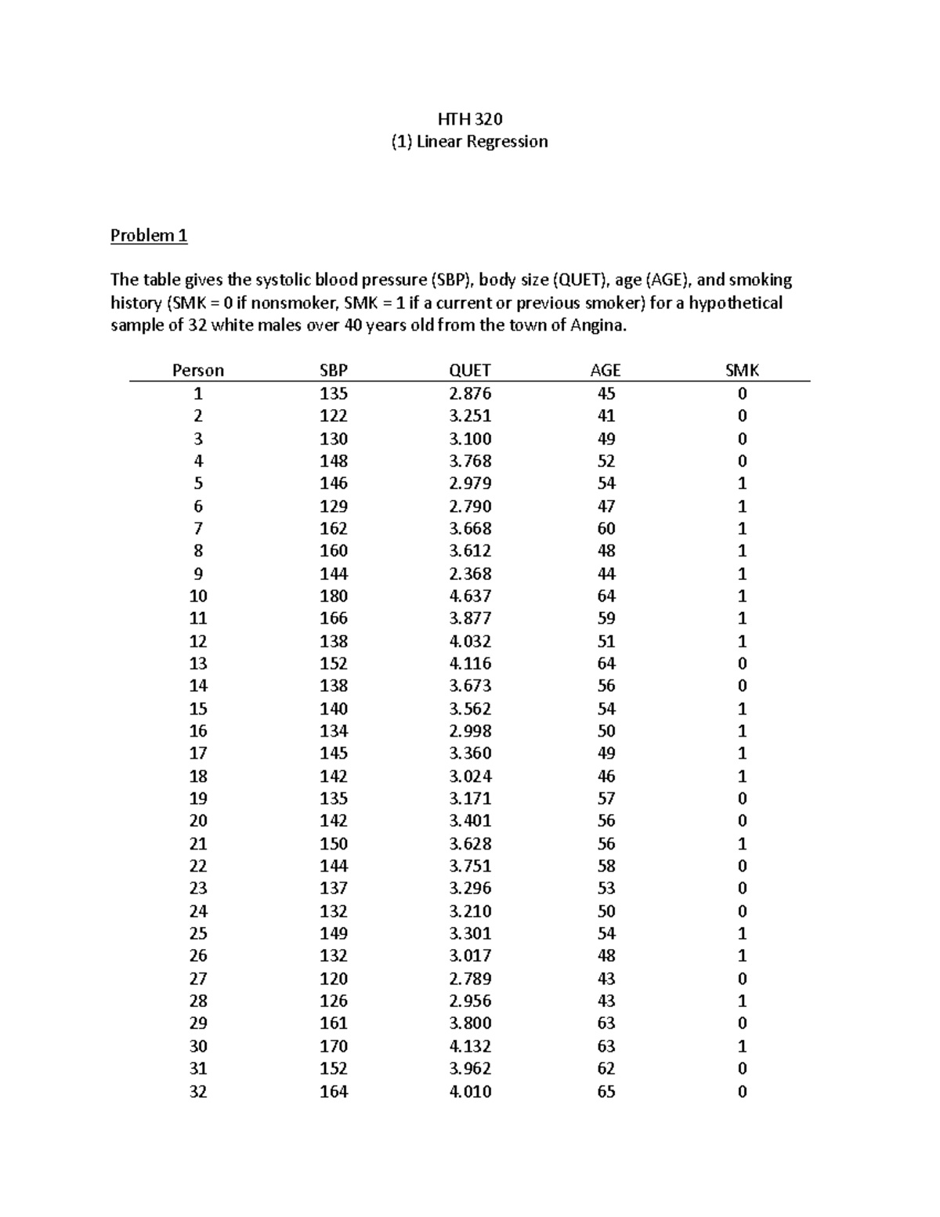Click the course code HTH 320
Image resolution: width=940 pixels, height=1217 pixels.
tap(469, 119)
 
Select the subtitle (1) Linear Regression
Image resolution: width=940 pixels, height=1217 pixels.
tap(469, 142)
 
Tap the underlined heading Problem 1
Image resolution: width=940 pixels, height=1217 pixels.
tap(149, 235)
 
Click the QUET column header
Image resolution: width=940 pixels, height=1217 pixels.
tap(470, 371)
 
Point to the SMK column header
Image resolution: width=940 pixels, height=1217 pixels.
tap(742, 371)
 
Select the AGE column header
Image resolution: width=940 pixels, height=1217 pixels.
tap(606, 371)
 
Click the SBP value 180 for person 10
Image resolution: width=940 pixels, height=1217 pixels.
tap(334, 596)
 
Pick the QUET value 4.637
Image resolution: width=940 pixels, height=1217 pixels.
tap(470, 596)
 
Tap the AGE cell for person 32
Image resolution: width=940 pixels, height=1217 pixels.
tap(606, 1091)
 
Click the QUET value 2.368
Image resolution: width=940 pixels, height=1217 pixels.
tap(470, 574)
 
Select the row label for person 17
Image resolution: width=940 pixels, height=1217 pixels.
tap(198, 753)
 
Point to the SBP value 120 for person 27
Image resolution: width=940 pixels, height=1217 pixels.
tap(334, 978)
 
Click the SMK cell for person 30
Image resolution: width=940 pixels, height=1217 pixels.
tap(742, 1046)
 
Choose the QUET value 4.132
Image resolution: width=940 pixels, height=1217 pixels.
tap(470, 1046)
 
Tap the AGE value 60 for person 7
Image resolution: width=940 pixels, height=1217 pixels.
tap(606, 528)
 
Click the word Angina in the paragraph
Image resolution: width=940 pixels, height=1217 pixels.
tap(601, 326)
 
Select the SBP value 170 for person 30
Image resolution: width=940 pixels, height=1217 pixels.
tap(334, 1046)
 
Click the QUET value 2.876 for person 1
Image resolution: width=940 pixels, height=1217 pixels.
tap(470, 393)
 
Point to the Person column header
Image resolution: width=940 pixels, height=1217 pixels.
tap(198, 371)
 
